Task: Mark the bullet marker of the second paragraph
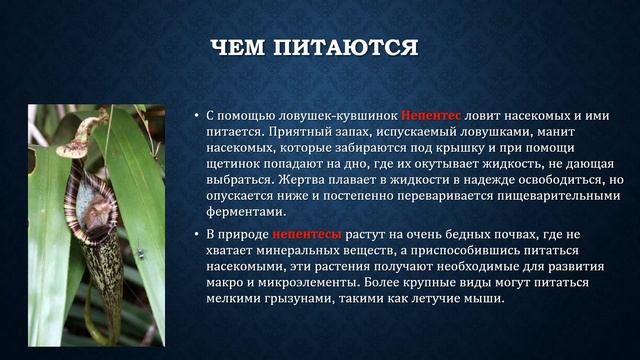tap(197, 234)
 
